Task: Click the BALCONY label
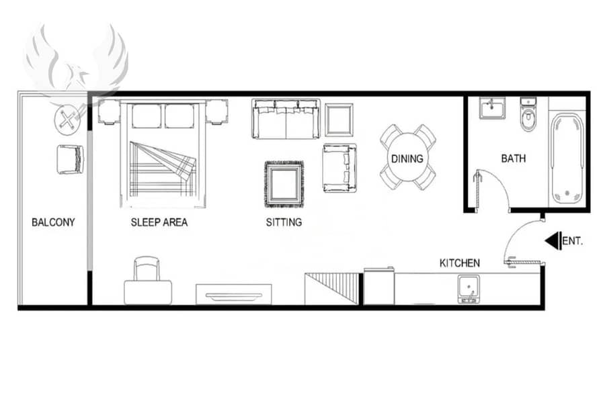pos(53,222)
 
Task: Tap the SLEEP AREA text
pos(159,222)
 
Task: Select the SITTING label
pos(284,222)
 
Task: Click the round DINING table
pos(407,158)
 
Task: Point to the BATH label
pos(513,158)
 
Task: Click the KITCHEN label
pos(460,263)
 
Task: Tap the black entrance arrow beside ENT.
pos(553,240)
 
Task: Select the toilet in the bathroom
pos(528,114)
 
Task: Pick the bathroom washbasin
pos(492,107)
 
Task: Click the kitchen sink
pos(469,289)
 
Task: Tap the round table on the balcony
pos(67,121)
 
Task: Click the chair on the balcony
pos(70,159)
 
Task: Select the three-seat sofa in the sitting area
pos(286,119)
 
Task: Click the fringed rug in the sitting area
pos(284,184)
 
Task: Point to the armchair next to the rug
pos(339,168)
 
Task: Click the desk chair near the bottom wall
pos(147,269)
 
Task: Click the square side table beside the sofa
pos(339,120)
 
